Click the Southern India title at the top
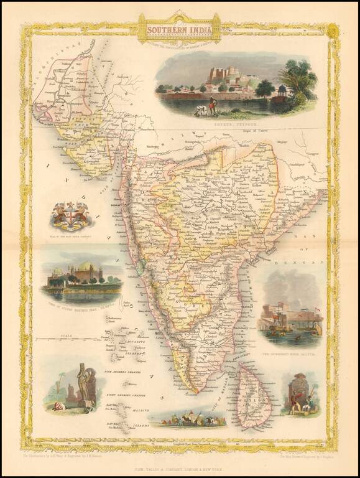point(180,29)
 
